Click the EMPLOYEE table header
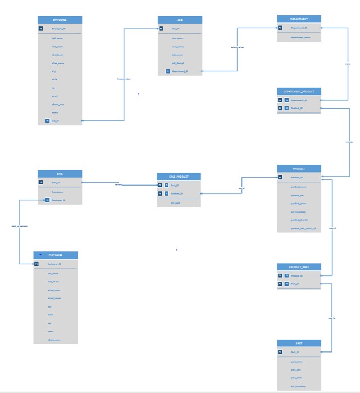(x=60, y=20)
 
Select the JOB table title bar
(x=180, y=20)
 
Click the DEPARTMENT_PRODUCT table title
(x=299, y=91)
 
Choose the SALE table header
(x=60, y=174)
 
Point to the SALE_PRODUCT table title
(x=179, y=177)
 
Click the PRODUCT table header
(x=299, y=169)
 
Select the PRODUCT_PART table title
(x=299, y=266)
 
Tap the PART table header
(x=299, y=342)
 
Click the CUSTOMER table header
(x=55, y=255)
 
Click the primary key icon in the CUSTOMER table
(x=36, y=263)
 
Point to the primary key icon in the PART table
(x=280, y=352)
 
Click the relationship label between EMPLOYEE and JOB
(x=124, y=79)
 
